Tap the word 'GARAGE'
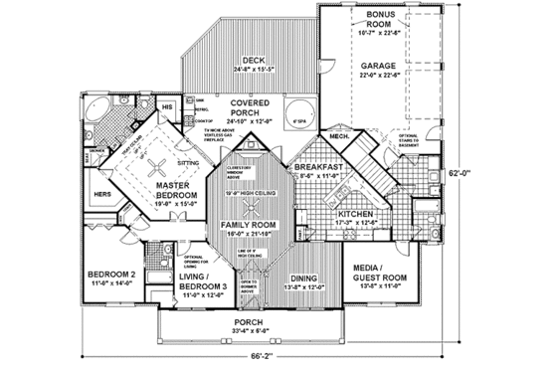[379, 64]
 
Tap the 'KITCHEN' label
[354, 213]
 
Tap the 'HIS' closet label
[167, 104]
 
